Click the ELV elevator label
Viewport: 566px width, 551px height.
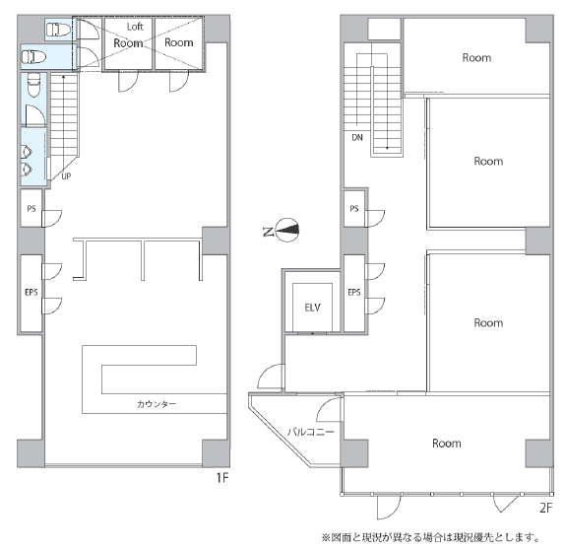(x=312, y=308)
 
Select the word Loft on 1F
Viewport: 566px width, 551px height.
(x=135, y=27)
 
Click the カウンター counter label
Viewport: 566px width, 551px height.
(x=157, y=404)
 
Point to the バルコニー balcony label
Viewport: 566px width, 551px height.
(x=311, y=432)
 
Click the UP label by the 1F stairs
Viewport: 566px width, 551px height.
(x=66, y=176)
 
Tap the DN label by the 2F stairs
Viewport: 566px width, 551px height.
(x=357, y=137)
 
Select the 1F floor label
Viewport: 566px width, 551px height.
(x=222, y=478)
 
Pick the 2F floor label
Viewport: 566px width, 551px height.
(x=545, y=508)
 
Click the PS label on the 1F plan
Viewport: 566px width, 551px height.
(x=31, y=209)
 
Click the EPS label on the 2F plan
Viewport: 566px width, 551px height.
(x=354, y=292)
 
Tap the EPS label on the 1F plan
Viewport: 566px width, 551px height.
(x=31, y=292)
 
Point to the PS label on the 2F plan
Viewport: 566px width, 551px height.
(x=354, y=209)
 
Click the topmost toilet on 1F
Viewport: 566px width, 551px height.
(x=59, y=30)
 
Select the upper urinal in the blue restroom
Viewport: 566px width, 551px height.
(x=26, y=152)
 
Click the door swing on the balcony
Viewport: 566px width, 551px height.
(x=329, y=409)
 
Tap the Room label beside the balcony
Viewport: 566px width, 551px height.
(x=447, y=444)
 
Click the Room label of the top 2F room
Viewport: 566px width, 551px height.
(x=476, y=58)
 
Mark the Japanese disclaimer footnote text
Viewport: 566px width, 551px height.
(x=430, y=537)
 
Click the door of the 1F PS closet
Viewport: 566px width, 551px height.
(x=52, y=219)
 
